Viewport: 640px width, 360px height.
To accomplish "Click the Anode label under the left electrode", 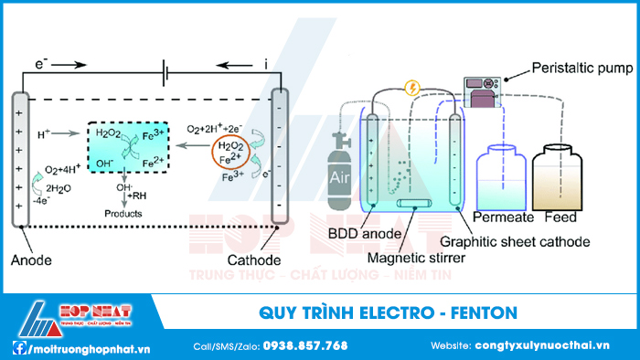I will pyautogui.click(x=32, y=260).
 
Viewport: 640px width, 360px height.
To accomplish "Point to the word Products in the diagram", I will pyautogui.click(x=123, y=213).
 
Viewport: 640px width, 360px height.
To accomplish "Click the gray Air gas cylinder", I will pyautogui.click(x=339, y=170).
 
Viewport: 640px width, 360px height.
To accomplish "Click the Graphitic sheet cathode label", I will pyautogui.click(x=514, y=242).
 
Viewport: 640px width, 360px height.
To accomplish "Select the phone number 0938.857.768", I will pyautogui.click(x=305, y=346).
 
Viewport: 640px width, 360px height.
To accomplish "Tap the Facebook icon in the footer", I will pyautogui.click(x=17, y=347).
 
